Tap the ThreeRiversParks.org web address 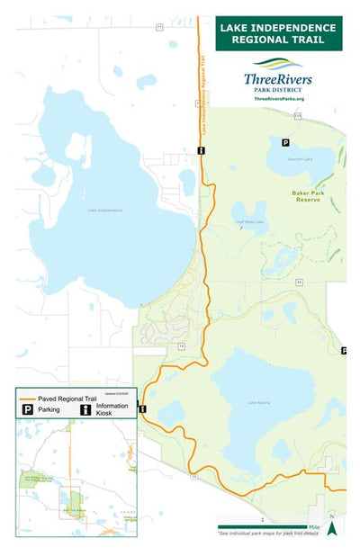click(x=279, y=98)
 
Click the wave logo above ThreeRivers click(x=278, y=65)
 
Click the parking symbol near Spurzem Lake click(x=286, y=143)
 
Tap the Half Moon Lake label click(x=249, y=221)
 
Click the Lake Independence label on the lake click(x=105, y=211)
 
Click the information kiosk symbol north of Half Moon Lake click(x=202, y=150)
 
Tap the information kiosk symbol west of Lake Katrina click(x=142, y=408)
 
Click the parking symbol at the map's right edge click(x=344, y=350)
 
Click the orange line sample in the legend click(x=28, y=399)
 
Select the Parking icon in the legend click(x=28, y=409)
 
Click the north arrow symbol click(x=331, y=527)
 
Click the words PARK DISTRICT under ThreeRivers click(x=278, y=89)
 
